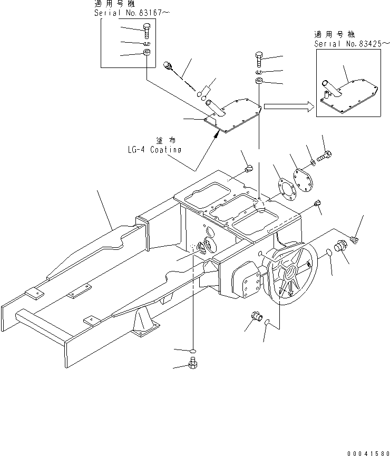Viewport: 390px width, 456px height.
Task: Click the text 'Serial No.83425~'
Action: pyautogui.click(x=348, y=44)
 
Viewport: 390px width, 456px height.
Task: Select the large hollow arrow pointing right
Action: pyautogui.click(x=288, y=106)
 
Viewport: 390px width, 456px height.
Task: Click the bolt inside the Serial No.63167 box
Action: pyautogui.click(x=146, y=30)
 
